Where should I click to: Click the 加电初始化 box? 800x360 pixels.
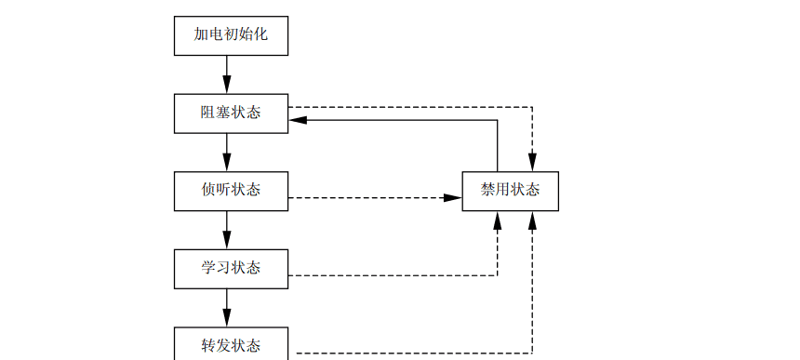tap(231, 35)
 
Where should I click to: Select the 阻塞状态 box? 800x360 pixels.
tap(231, 113)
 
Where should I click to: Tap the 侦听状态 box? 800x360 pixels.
tap(231, 191)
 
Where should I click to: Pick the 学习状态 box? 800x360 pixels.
tap(231, 268)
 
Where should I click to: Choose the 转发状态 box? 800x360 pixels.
tap(231, 344)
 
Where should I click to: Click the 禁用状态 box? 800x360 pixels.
tap(510, 191)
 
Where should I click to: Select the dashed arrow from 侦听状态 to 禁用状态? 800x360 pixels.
tap(372, 198)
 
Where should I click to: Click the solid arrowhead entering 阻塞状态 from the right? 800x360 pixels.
tap(297, 120)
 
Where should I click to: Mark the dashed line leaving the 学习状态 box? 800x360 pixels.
tap(391, 275)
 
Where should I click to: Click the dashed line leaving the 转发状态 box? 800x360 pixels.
tap(409, 353)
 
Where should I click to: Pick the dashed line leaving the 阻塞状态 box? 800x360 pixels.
tap(409, 106)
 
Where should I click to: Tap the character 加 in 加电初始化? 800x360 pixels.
tap(201, 35)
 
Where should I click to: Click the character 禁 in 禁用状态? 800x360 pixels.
tap(488, 191)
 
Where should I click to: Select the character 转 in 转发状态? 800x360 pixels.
tap(208, 345)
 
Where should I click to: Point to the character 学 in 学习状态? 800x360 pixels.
tap(208, 268)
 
